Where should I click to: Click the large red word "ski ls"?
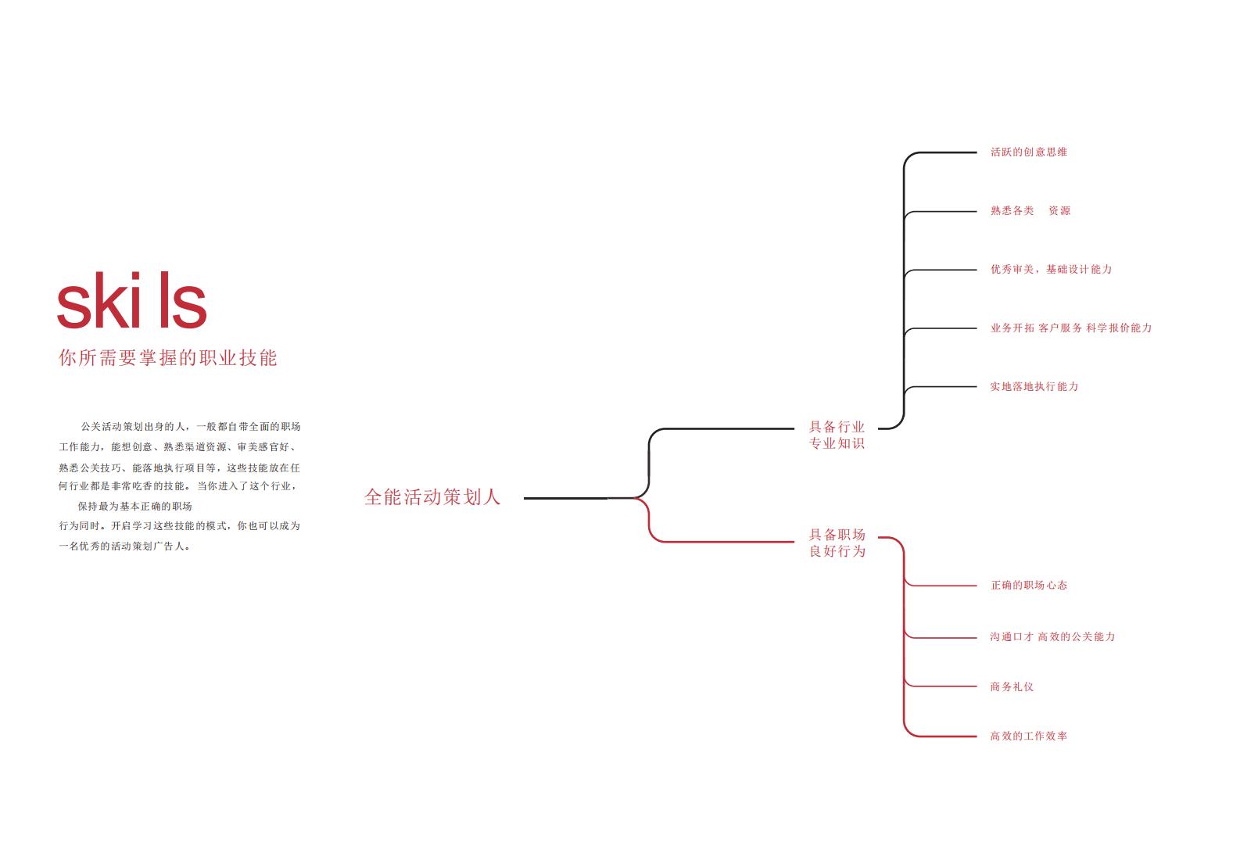click(132, 300)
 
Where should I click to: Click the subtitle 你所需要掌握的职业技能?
click(168, 358)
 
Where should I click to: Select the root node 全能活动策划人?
click(432, 497)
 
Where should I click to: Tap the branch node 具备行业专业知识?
click(837, 435)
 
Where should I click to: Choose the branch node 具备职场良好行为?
click(837, 543)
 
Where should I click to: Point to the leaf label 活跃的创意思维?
click(1028, 152)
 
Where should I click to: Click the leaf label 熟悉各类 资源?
click(1030, 210)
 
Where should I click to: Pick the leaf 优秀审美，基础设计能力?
click(1051, 270)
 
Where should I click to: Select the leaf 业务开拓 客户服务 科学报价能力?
click(1071, 328)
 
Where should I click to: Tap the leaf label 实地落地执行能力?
click(1034, 386)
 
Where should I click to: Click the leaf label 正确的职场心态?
click(1029, 586)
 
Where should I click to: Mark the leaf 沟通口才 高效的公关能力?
click(1052, 636)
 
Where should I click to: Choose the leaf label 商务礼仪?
click(1012, 686)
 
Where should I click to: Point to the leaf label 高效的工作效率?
click(1028, 736)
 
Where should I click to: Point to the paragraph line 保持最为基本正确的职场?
click(134, 506)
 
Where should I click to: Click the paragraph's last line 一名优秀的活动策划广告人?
click(124, 546)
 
